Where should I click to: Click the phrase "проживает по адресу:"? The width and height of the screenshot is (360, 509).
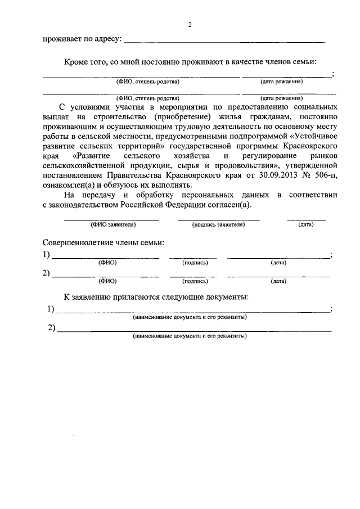(82, 39)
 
